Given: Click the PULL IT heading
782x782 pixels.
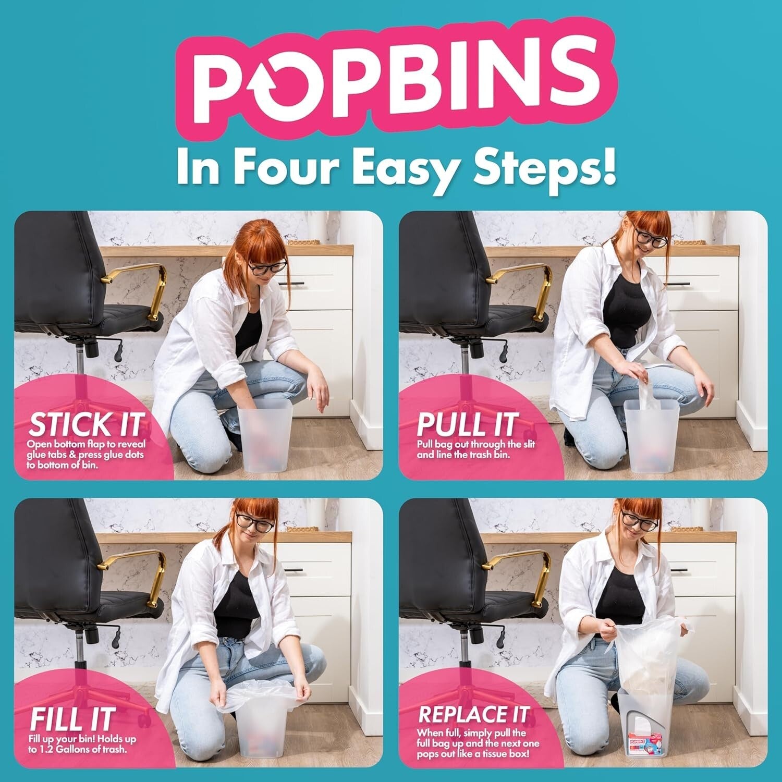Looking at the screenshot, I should tap(466, 424).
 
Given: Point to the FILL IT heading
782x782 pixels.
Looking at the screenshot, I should tap(71, 719).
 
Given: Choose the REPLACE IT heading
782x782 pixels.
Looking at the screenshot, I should tap(473, 715).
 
